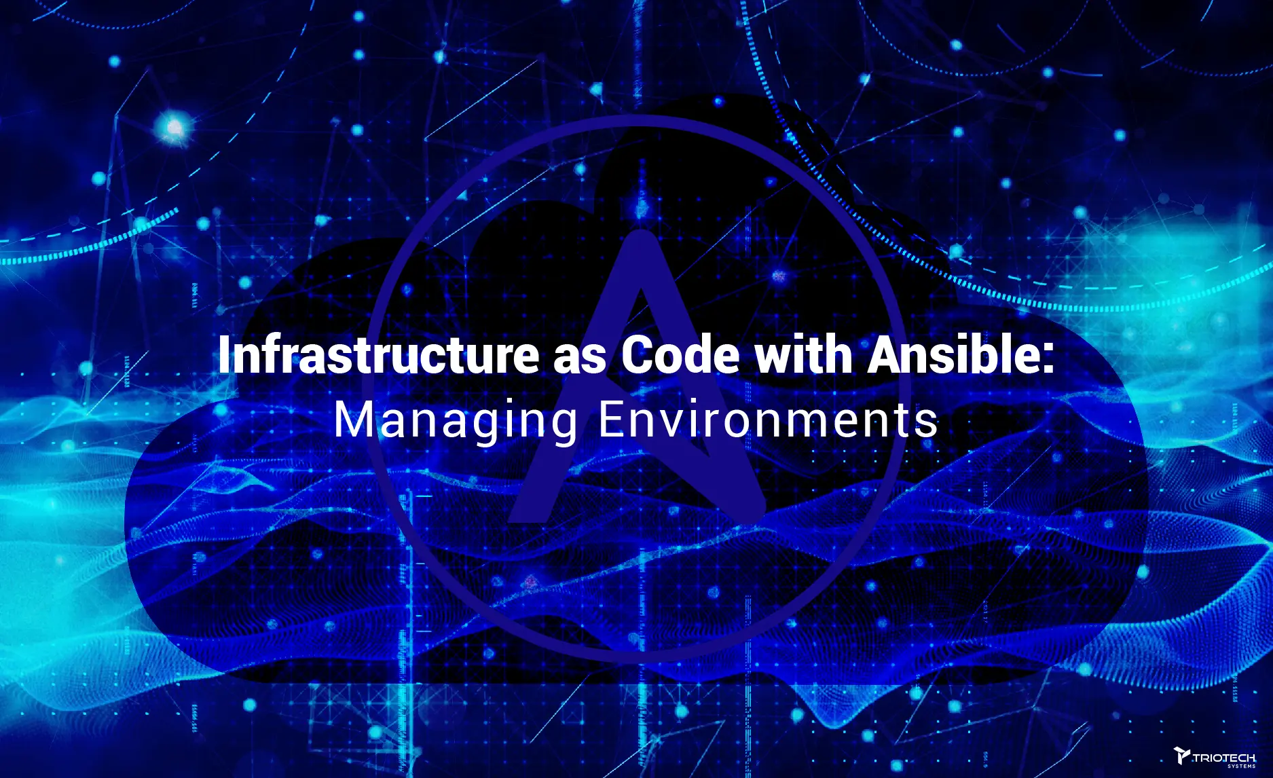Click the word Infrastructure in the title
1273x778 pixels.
click(378, 355)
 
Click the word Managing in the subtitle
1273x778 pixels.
click(455, 421)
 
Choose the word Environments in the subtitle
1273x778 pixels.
click(768, 420)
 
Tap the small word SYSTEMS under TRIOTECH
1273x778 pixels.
click(1242, 766)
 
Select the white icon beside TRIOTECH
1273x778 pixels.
click(1182, 756)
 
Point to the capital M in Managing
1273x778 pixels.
click(352, 420)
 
